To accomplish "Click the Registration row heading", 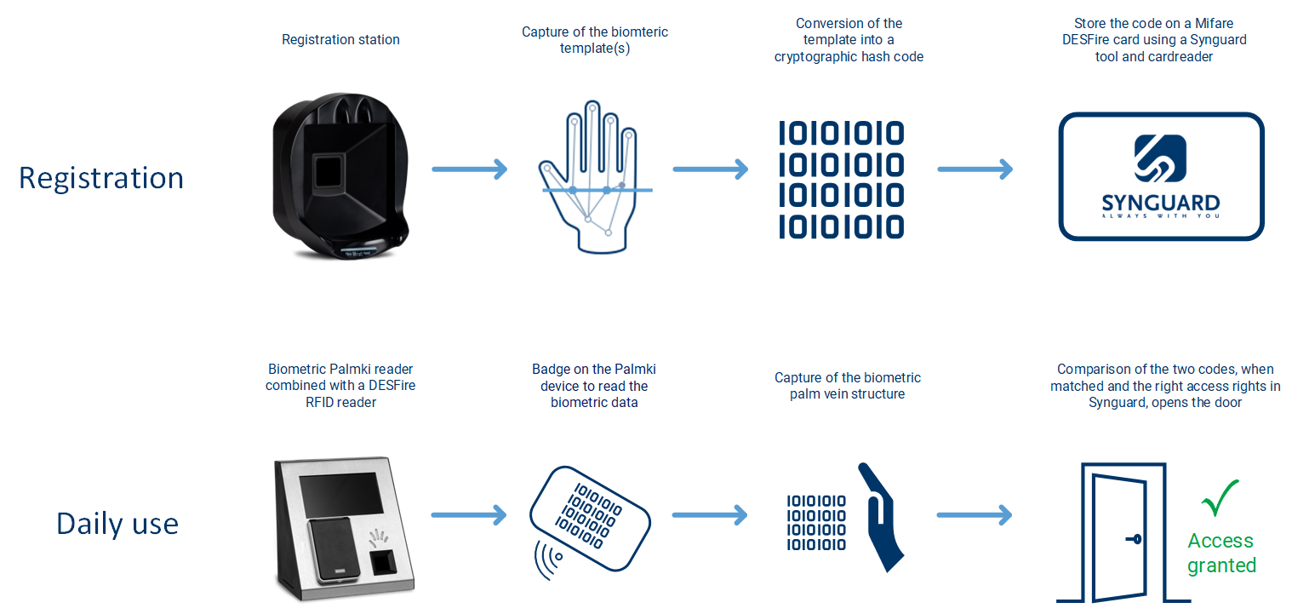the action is point(101,178).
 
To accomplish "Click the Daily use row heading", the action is point(117,524).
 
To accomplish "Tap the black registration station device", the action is point(340,176).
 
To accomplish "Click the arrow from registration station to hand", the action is point(470,169).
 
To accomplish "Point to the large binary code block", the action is point(842,180).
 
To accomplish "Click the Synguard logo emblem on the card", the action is point(1160,158).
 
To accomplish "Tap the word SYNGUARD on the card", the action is point(1160,204).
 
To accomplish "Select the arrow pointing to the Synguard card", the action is point(975,169).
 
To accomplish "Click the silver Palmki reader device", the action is point(345,528).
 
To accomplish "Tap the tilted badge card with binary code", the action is point(590,519).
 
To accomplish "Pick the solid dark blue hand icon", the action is point(882,516).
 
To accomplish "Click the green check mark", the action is point(1220,497).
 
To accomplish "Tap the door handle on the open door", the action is point(1134,540).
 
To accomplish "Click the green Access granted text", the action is point(1221,553).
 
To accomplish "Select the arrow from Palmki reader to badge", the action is point(469,514).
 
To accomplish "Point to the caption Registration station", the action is point(340,40).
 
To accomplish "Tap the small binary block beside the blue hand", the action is point(816,523).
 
